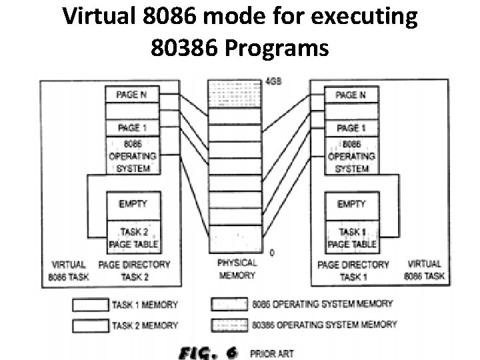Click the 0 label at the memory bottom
271,253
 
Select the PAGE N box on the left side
132,95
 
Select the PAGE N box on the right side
351,95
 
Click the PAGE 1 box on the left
132,128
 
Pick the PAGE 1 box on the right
351,128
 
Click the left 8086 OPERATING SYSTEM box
132,156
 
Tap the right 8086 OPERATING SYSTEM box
351,156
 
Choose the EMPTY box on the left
132,204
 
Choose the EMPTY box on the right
351,204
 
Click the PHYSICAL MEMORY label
237,269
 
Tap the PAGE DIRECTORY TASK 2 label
134,270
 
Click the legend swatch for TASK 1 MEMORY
89,305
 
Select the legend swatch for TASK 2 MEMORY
89,325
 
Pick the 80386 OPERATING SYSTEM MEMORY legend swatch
229,325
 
